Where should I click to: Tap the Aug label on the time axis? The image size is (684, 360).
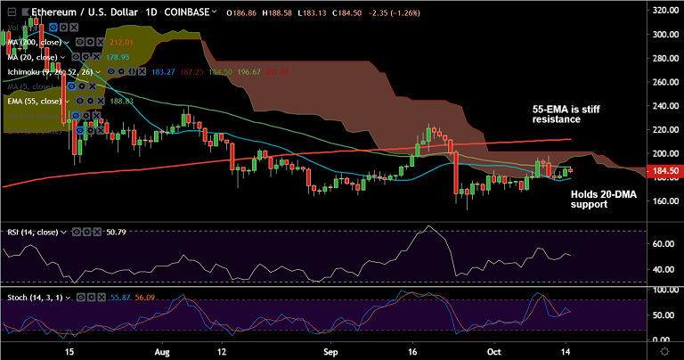(x=162, y=351)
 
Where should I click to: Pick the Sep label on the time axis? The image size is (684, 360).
(x=330, y=351)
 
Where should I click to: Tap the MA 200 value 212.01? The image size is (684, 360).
(x=121, y=42)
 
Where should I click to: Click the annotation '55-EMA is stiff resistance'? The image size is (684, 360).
(x=557, y=112)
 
